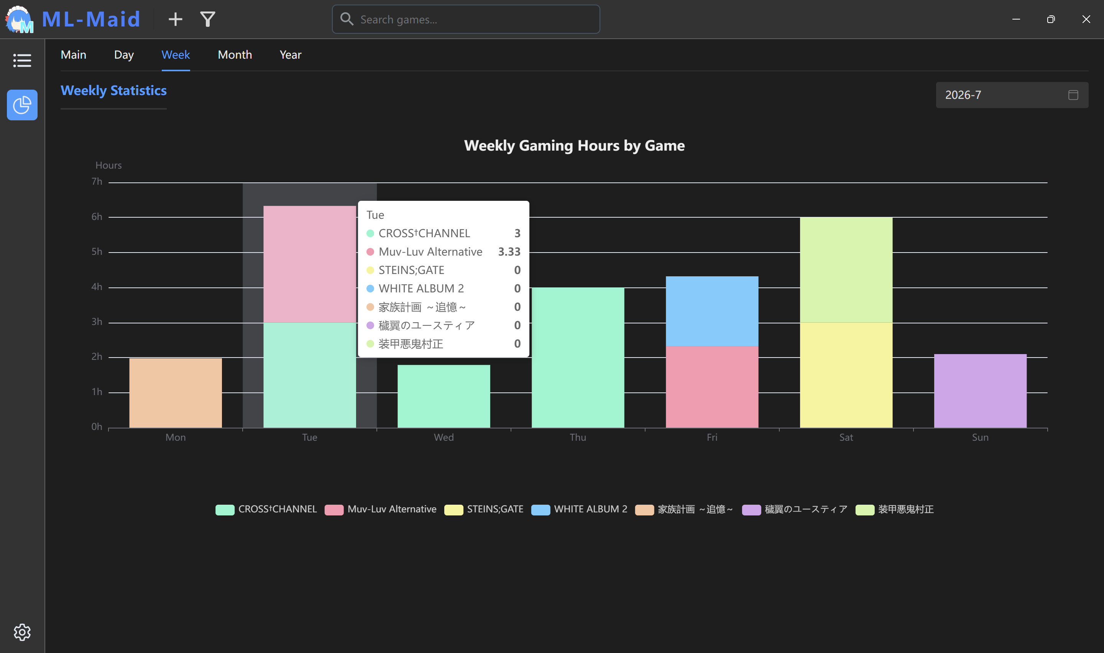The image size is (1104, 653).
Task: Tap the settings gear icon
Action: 22,632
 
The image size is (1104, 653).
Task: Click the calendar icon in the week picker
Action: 1073,95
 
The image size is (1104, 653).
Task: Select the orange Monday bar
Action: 176,392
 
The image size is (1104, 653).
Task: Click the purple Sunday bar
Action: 980,391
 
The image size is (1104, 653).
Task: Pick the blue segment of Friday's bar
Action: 712,311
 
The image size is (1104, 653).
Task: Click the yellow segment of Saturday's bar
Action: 846,375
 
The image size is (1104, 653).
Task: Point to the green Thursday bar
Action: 578,358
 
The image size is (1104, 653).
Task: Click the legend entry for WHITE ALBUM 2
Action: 579,509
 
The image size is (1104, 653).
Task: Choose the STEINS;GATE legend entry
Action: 484,509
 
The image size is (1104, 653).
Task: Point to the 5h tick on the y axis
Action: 97,252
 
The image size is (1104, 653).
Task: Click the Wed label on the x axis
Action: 444,437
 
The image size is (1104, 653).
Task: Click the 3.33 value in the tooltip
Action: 509,252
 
